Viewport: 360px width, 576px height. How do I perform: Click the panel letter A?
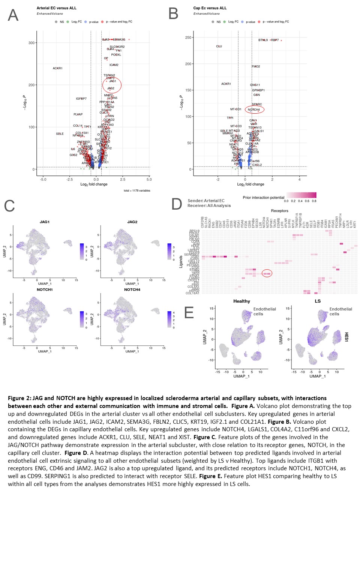pyautogui.click(x=13, y=15)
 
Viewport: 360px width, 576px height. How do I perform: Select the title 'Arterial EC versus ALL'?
pyautogui.click(x=56, y=8)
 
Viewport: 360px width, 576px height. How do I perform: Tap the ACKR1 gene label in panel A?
pyautogui.click(x=57, y=68)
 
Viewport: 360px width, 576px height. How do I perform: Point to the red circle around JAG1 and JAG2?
pyautogui.click(x=112, y=85)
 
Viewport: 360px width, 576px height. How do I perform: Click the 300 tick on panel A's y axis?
pyautogui.click(x=31, y=43)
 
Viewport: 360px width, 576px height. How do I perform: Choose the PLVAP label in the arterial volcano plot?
pyautogui.click(x=78, y=114)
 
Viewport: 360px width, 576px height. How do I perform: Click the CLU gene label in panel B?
pyautogui.click(x=219, y=46)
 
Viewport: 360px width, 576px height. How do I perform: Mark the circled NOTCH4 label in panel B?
pyautogui.click(x=254, y=109)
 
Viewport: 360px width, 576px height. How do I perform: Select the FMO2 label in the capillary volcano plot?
pyautogui.click(x=256, y=66)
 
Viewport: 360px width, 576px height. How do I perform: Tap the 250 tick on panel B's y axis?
pyautogui.click(x=188, y=37)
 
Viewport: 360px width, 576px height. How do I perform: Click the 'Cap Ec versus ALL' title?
pyautogui.click(x=210, y=8)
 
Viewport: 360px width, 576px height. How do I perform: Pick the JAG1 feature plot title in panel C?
pyautogui.click(x=45, y=222)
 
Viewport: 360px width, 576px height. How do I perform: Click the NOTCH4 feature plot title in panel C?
pyautogui.click(x=132, y=289)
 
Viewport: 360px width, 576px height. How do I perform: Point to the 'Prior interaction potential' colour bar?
pyautogui.click(x=301, y=195)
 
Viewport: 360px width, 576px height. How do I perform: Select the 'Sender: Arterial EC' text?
pyautogui.click(x=206, y=201)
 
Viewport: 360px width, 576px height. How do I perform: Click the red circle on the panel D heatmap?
pyautogui.click(x=267, y=273)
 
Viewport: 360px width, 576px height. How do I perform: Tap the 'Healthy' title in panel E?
pyautogui.click(x=241, y=301)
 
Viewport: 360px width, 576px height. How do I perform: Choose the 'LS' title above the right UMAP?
pyautogui.click(x=318, y=301)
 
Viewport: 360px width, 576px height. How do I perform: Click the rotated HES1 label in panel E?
pyautogui.click(x=346, y=337)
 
